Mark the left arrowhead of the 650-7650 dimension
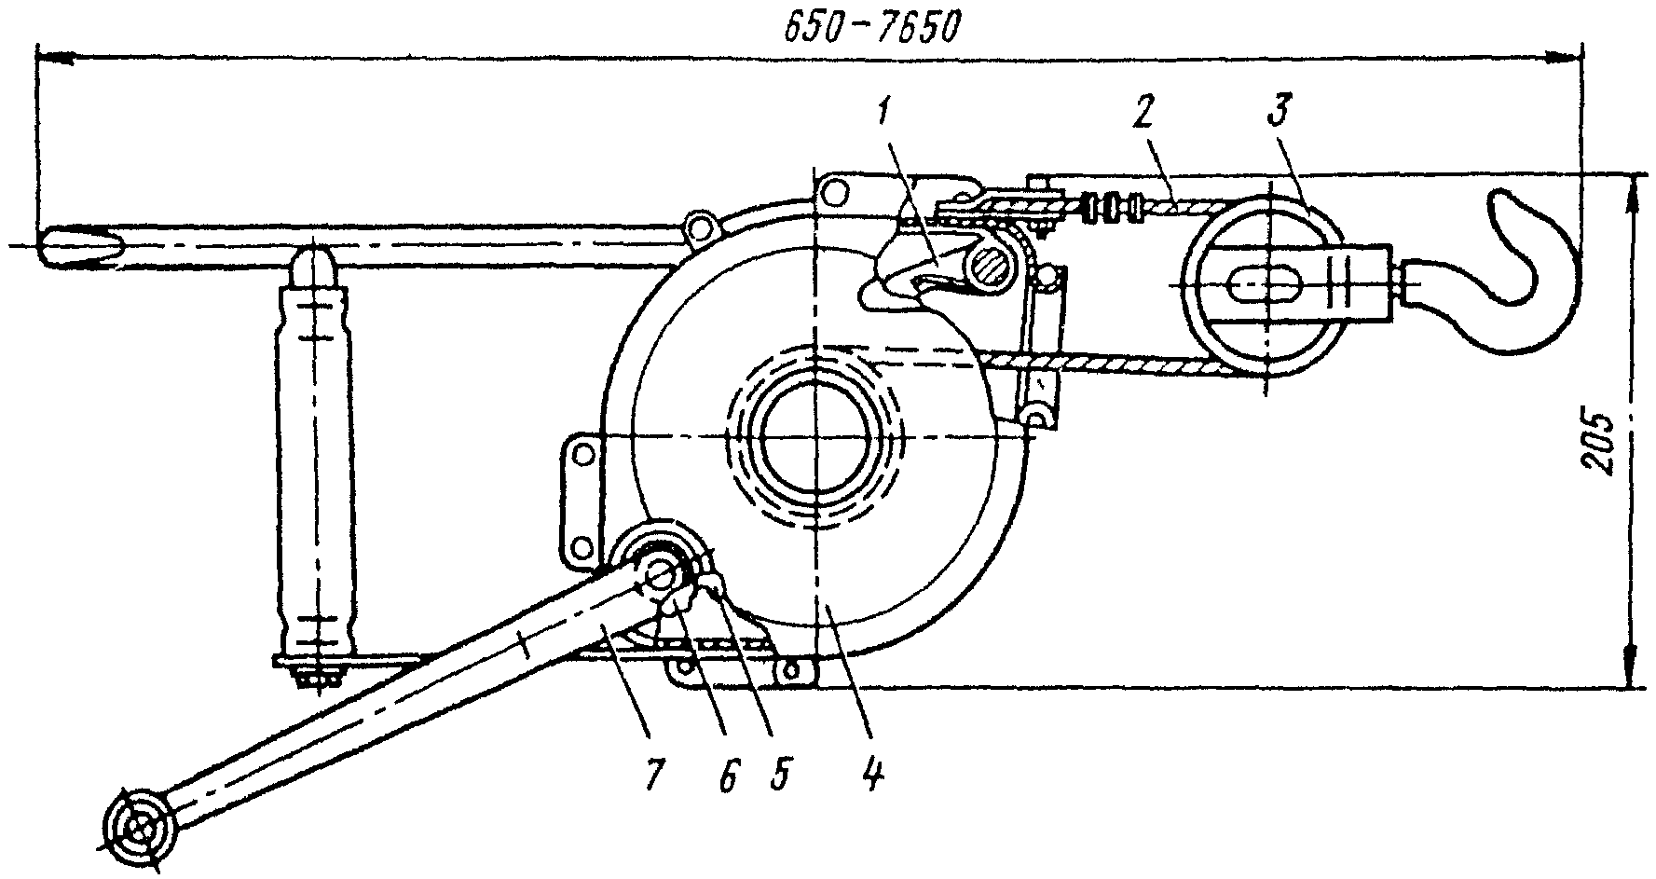[54, 58]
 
